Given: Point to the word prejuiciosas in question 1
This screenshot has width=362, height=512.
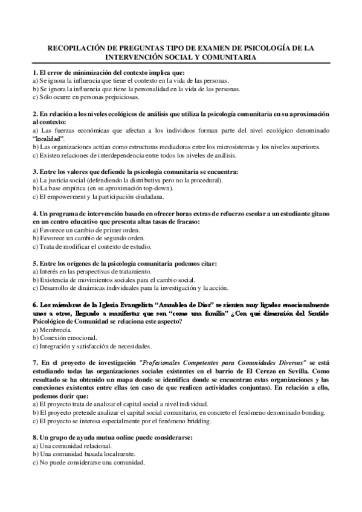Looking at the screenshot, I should [121, 97].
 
